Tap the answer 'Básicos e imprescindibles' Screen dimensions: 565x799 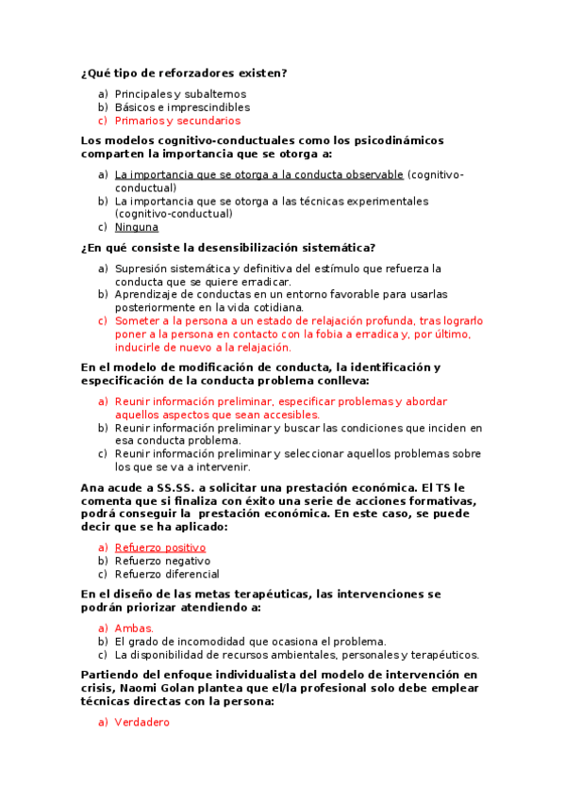[x=182, y=107]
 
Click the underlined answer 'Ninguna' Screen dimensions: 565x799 [x=137, y=227]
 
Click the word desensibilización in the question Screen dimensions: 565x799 [x=222, y=248]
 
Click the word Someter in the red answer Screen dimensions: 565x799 [x=137, y=320]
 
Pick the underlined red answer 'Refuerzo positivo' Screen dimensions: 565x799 [x=160, y=547]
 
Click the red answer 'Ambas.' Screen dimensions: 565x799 [x=134, y=628]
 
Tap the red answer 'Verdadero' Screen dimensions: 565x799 [x=141, y=722]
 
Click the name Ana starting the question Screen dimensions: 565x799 [x=92, y=487]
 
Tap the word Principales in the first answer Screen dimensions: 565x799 [x=143, y=94]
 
